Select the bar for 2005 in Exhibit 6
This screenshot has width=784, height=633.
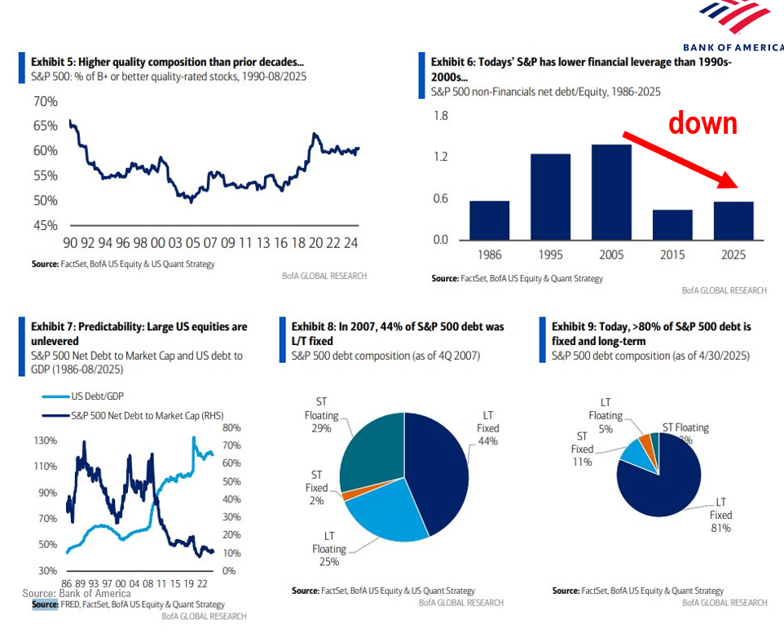point(611,193)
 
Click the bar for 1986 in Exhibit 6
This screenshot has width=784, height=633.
point(489,220)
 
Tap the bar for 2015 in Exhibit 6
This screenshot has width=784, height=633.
point(672,225)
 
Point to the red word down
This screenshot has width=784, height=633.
point(703,123)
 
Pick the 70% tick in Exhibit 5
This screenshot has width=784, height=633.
point(45,102)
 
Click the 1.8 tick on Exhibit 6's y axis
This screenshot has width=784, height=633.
point(440,116)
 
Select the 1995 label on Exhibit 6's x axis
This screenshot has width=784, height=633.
point(550,255)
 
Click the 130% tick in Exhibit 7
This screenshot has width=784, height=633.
point(45,440)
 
